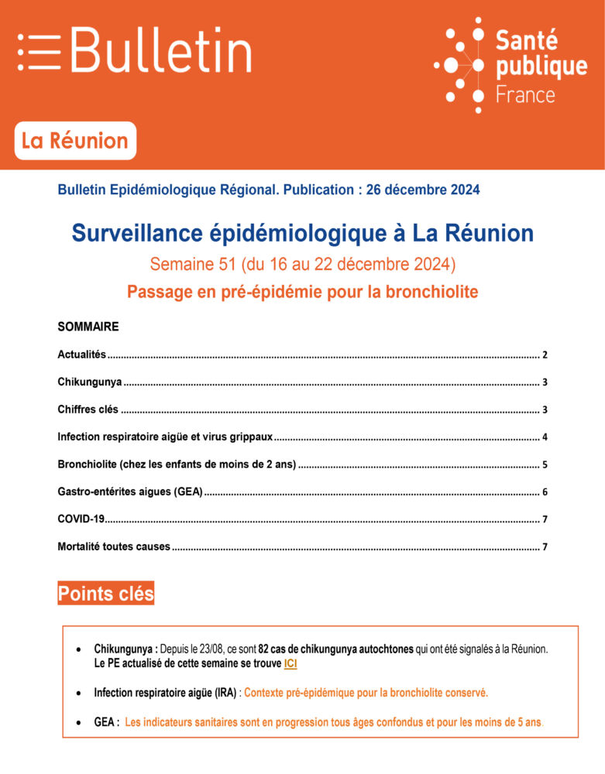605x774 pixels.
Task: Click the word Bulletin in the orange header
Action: [x=161, y=51]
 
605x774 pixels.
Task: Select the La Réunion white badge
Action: [x=75, y=141]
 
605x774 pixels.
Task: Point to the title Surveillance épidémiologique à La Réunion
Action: [x=302, y=233]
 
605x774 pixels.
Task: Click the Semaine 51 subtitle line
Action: [x=302, y=265]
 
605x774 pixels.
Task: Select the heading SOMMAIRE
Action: [x=88, y=327]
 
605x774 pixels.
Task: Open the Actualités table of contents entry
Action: [x=81, y=354]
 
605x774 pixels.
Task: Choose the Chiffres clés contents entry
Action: [x=88, y=409]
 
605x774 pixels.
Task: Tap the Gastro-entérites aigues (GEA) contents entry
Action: [x=129, y=491]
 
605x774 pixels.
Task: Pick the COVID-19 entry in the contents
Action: [x=81, y=519]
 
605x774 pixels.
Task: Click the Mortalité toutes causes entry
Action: [x=113, y=546]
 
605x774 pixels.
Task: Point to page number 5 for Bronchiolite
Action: [x=545, y=464]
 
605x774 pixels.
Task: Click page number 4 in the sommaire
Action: [x=545, y=437]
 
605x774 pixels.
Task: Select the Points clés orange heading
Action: [x=106, y=594]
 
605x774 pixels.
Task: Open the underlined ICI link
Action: [x=290, y=664]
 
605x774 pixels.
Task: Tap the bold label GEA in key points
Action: [x=106, y=723]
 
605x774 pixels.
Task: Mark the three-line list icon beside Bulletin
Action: [x=39, y=52]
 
